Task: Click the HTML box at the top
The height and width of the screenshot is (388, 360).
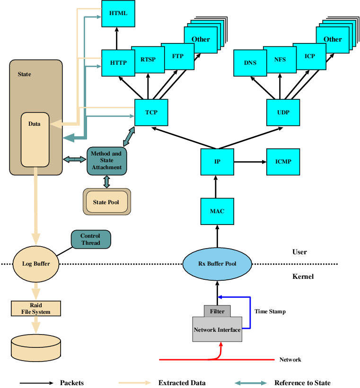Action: coord(118,13)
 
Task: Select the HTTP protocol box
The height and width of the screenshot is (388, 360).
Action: coord(115,62)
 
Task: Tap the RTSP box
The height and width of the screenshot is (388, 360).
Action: coord(147,60)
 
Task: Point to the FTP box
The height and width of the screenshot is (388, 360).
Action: coord(177,56)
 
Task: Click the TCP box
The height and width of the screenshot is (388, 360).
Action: coord(151,112)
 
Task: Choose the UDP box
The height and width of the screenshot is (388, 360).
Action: coord(283,112)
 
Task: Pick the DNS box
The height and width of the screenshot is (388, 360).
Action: coord(250,62)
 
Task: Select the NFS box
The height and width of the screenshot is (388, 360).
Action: coord(280,60)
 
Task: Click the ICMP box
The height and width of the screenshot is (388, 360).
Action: coord(283,162)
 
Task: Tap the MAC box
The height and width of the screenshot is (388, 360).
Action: coord(217,211)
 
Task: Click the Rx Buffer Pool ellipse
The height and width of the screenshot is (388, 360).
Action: coord(217,264)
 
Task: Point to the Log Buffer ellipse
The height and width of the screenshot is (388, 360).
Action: coord(36,264)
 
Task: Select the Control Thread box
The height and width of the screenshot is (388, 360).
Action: coord(91,239)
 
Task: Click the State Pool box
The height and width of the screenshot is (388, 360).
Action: coord(106,202)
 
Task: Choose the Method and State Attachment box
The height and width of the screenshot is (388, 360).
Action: coord(106,160)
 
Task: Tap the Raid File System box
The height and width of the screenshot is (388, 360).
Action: coord(36,309)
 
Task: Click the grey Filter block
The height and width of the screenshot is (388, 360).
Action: coord(217,311)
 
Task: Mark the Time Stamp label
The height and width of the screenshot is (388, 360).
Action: coord(270,311)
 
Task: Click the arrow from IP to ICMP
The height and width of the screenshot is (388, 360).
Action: coord(250,162)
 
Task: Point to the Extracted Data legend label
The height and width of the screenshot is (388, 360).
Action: coord(182,383)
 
